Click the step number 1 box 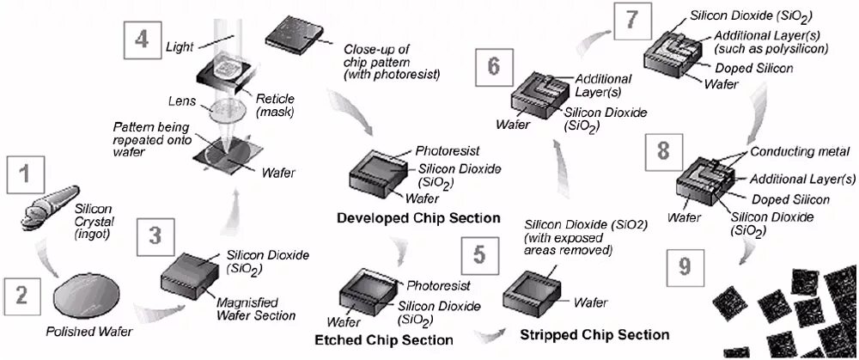point(26,175)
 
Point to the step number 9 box point(684,267)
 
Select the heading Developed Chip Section point(418,217)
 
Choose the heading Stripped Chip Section point(594,333)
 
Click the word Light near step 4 point(180,46)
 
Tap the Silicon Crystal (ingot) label point(98,221)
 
